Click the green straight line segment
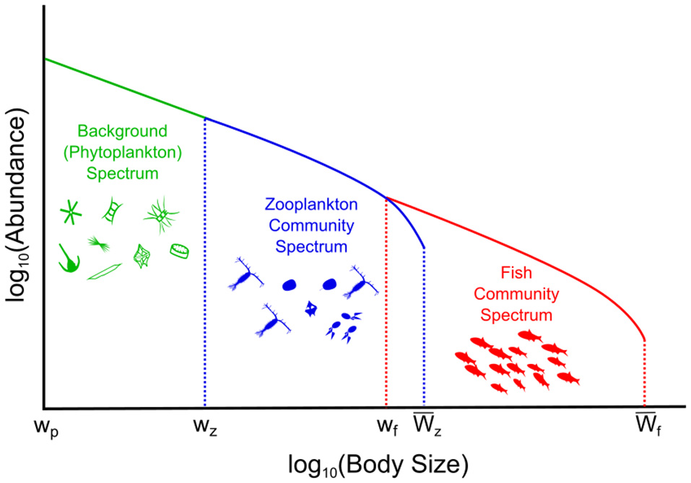pos(123,87)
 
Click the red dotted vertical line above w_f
pos(387,303)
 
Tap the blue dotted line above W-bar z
pos(424,325)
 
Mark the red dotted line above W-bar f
pos(644,372)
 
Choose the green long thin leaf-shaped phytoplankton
pos(105,272)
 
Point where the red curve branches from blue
pos(387,197)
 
